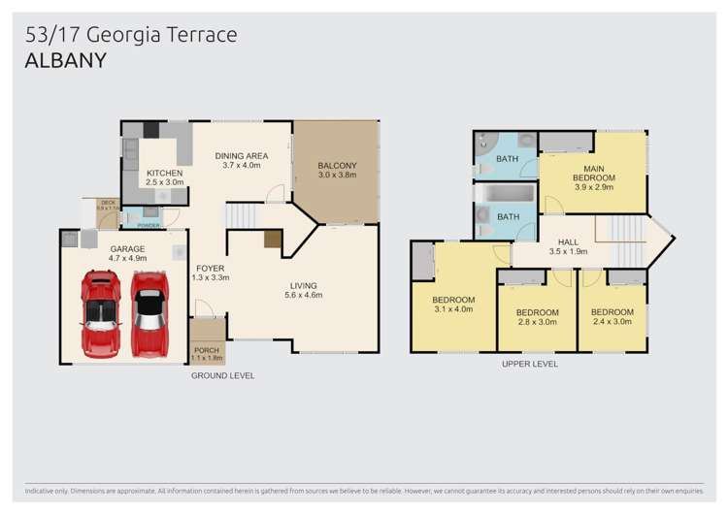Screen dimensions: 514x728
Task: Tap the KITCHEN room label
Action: [x=164, y=174]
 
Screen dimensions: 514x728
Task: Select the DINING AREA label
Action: [x=242, y=155]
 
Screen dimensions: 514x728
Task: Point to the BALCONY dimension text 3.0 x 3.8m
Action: [x=338, y=176]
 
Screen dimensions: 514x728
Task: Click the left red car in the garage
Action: [x=100, y=313]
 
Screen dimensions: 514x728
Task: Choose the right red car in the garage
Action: [x=149, y=313]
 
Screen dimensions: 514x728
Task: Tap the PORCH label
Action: [x=207, y=349]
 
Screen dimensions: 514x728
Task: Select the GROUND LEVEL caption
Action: [x=222, y=375]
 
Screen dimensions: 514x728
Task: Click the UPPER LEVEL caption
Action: [x=529, y=365]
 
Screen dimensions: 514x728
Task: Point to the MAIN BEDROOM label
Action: [x=593, y=173]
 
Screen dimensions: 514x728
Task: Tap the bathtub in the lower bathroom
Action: [x=506, y=194]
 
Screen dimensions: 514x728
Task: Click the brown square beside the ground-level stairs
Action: [x=273, y=239]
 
